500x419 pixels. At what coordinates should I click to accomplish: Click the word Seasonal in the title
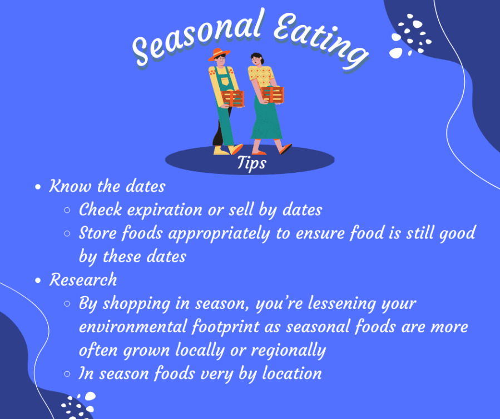coord(197,37)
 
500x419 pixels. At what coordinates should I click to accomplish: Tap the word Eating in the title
coord(320,40)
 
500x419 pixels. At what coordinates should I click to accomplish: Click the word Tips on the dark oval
coord(251,163)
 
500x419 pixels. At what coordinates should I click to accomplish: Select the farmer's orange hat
coord(219,54)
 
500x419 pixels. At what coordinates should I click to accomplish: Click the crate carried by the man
coord(233,98)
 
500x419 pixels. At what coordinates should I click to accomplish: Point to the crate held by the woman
coord(273,94)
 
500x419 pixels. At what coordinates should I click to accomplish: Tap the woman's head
coord(257,59)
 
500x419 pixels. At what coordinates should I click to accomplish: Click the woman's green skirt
coord(266,119)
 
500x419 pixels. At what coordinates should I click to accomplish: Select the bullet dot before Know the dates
coord(38,187)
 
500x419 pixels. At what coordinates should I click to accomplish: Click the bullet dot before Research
coord(38,281)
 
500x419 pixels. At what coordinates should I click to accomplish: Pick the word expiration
coord(165,211)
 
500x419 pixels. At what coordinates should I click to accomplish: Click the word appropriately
coord(219,234)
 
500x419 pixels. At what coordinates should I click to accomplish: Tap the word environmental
coord(133,327)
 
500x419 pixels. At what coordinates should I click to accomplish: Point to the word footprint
coord(226,327)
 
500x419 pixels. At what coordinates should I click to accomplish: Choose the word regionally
coord(288,351)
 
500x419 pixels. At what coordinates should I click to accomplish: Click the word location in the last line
coord(292,373)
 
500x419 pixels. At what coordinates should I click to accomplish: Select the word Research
coord(83,280)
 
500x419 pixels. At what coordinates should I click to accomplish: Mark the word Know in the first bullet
coord(70,186)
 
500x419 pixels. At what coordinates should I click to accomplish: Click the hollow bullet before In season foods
coord(67,374)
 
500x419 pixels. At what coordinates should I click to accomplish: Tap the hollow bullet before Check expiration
coord(67,210)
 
